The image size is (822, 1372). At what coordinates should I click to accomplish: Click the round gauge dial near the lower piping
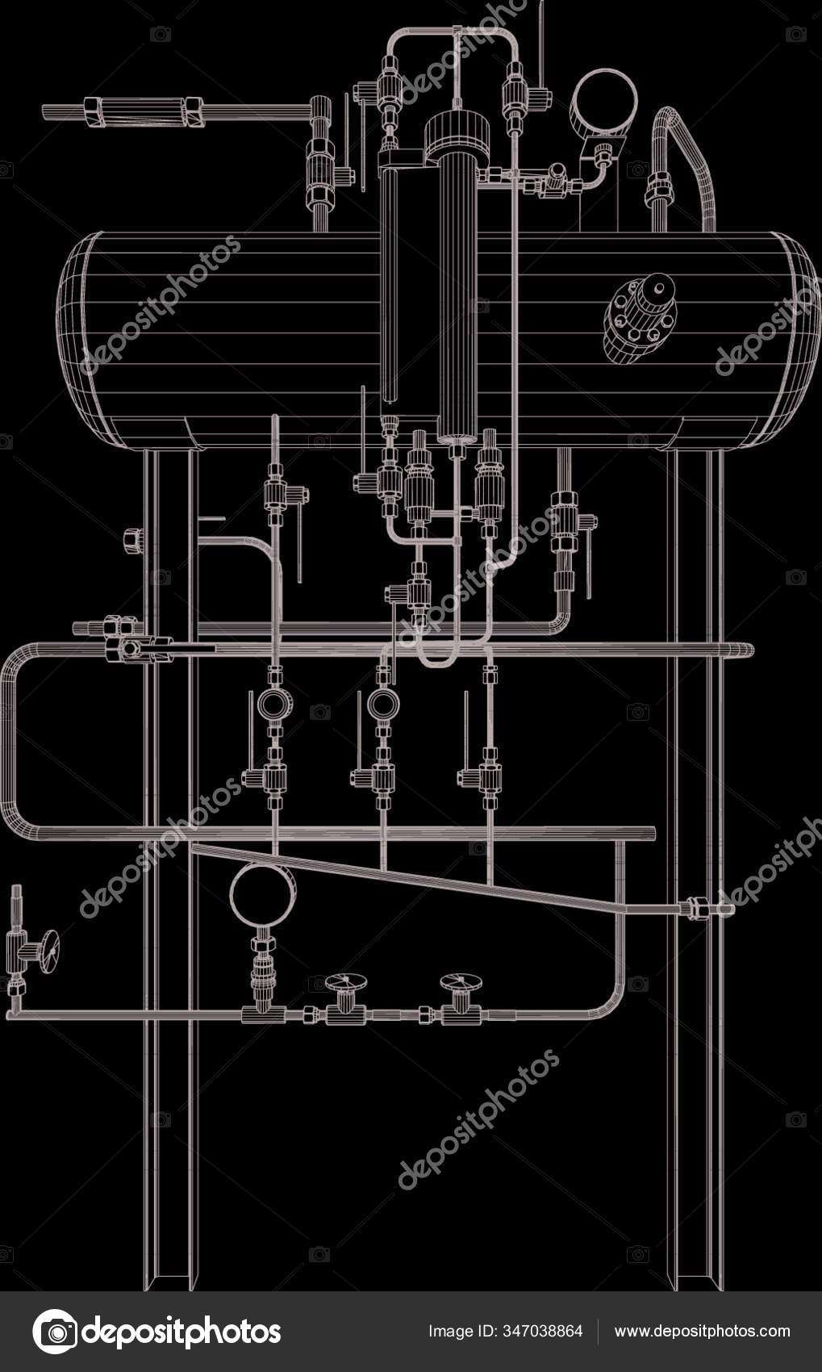pos(263,894)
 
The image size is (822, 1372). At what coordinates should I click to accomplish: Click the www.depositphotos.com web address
pos(702,1331)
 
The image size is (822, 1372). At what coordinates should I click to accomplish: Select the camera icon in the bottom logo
pos(55,1332)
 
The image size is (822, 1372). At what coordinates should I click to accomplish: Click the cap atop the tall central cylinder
pos(457,133)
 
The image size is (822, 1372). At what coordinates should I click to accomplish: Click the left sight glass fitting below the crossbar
pos(276,702)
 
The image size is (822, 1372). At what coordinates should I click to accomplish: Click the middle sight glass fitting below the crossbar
pos(383,704)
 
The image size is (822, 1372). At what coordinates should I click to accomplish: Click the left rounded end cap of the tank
pos(77,339)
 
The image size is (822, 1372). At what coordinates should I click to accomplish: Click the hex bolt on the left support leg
pos(133,539)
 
